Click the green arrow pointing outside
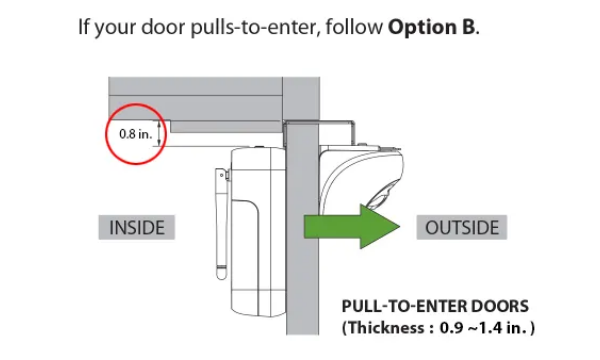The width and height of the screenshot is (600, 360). pyautogui.click(x=352, y=226)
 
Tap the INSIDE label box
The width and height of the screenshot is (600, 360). pyautogui.click(x=137, y=227)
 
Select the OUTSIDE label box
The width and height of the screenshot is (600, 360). pyautogui.click(x=462, y=227)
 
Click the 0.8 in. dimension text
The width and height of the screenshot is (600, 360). pyautogui.click(x=135, y=134)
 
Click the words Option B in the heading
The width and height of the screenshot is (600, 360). pyautogui.click(x=432, y=27)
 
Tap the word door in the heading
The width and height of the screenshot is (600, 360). pyautogui.click(x=163, y=27)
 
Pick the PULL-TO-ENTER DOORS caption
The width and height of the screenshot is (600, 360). pyautogui.click(x=435, y=306)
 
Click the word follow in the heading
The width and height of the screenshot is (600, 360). pyautogui.click(x=354, y=27)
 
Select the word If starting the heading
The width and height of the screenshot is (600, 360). pyautogui.click(x=83, y=27)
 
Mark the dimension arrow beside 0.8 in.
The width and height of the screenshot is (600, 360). pyautogui.click(x=159, y=133)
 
